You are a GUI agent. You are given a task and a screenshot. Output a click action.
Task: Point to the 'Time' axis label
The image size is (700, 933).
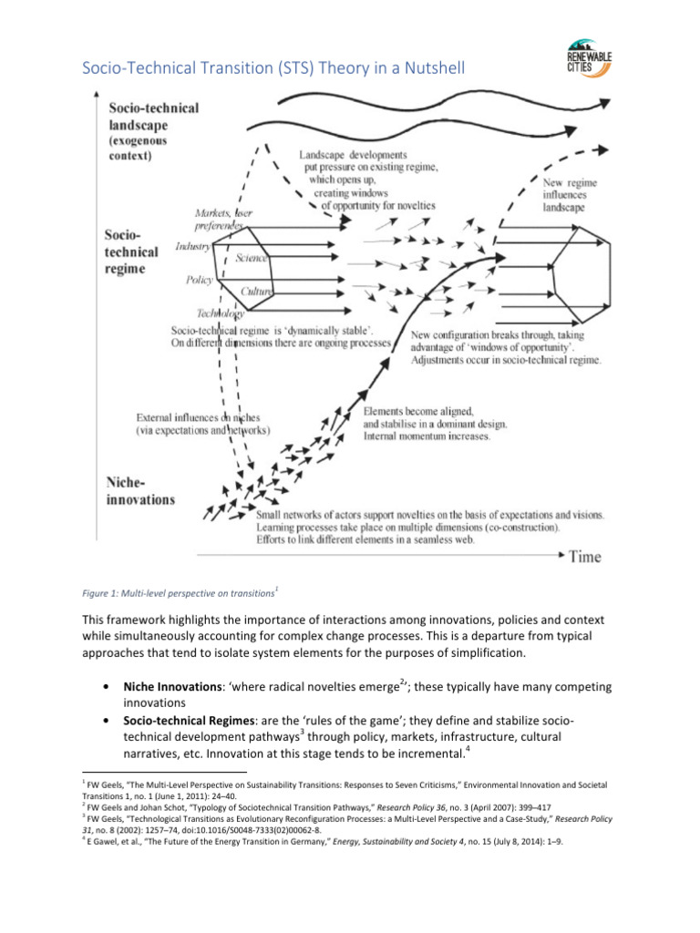pyautogui.click(x=584, y=556)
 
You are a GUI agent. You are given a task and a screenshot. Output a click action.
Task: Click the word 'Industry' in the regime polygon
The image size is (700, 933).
pyautogui.click(x=193, y=246)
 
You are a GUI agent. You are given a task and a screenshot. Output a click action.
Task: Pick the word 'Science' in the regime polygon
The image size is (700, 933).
pyautogui.click(x=251, y=259)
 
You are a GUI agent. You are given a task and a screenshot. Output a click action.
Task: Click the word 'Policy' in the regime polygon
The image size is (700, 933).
pyautogui.click(x=200, y=280)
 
